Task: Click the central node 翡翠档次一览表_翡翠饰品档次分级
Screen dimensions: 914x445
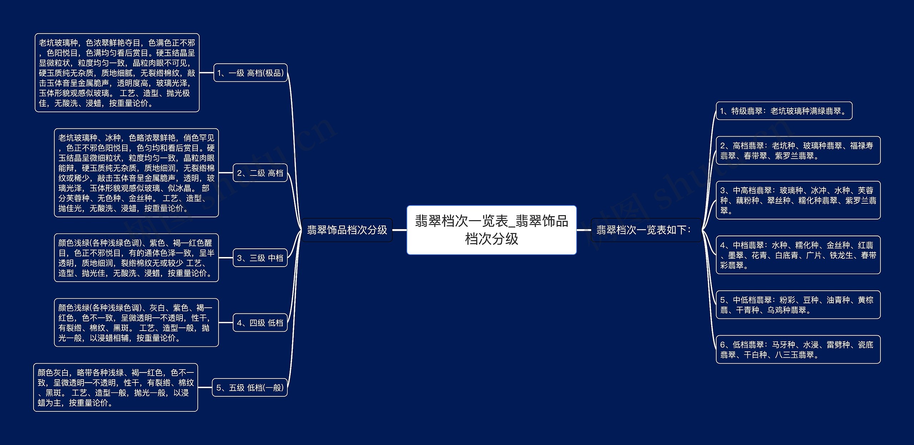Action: pos(491,230)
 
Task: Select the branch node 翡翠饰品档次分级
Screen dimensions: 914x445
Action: pos(347,230)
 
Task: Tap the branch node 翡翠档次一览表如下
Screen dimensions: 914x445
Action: pos(643,230)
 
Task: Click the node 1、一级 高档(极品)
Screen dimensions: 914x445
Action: pos(250,73)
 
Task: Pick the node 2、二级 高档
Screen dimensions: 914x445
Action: pos(260,173)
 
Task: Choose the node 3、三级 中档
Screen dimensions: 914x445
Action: pos(260,258)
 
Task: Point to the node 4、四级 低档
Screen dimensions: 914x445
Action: pos(260,323)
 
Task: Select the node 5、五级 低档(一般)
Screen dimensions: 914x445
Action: pos(250,387)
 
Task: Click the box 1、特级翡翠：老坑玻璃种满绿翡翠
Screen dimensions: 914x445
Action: pos(784,111)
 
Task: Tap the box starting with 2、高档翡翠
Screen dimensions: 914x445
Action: pos(798,150)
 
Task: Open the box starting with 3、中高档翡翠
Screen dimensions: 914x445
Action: pos(798,200)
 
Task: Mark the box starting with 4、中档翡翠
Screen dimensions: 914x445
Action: pos(798,255)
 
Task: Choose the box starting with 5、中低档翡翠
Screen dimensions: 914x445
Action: pos(798,305)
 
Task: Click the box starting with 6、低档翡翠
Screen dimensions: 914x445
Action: pos(798,349)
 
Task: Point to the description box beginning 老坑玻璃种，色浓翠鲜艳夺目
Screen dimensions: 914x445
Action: pos(117,73)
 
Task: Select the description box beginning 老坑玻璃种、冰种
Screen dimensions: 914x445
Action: pos(136,173)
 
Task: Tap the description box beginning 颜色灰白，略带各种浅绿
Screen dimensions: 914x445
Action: pos(115,387)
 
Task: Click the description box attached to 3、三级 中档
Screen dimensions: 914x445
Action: pos(136,258)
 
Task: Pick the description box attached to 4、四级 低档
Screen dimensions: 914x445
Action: pos(136,323)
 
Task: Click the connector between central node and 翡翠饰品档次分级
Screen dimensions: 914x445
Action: pos(400,230)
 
